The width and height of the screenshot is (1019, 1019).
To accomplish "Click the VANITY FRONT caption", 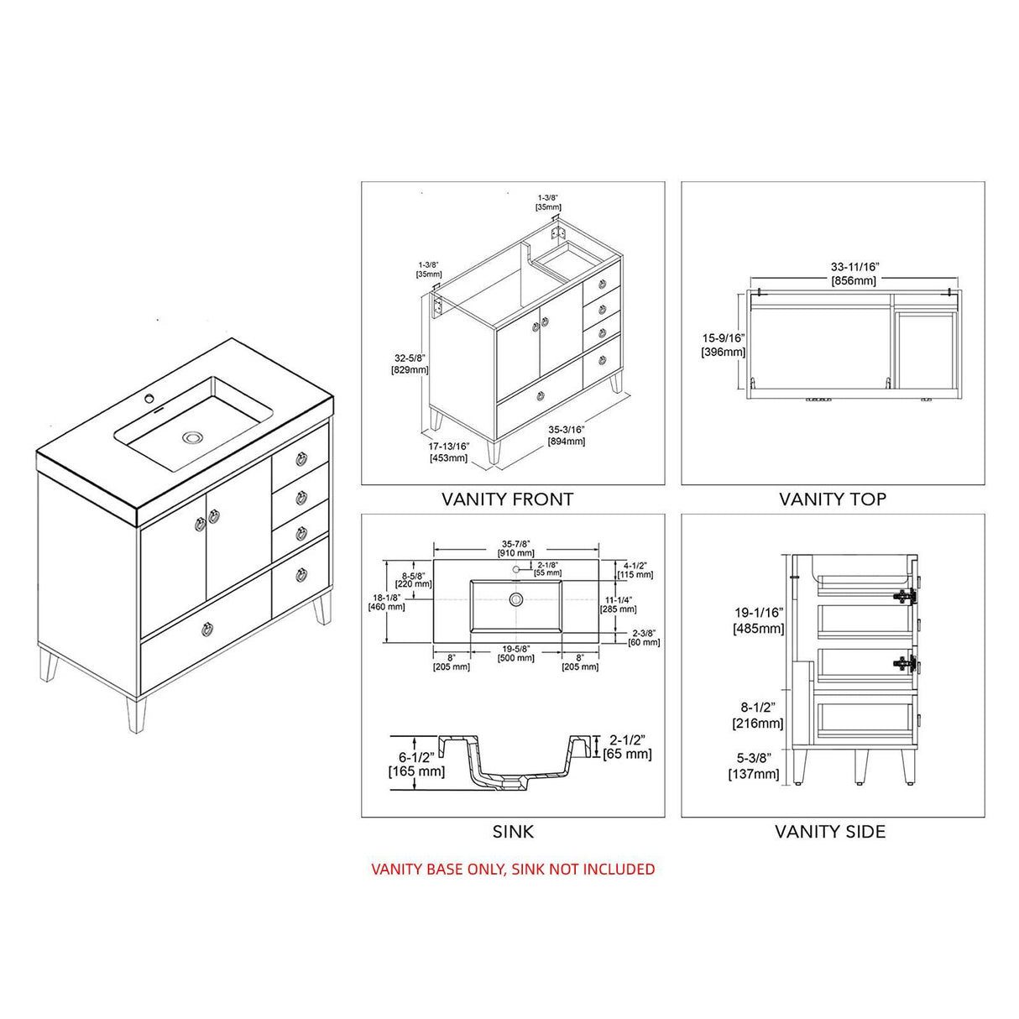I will pyautogui.click(x=507, y=499).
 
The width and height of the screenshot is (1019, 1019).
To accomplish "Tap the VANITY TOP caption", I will pyautogui.click(x=832, y=499).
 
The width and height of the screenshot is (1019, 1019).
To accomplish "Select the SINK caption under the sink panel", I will pyautogui.click(x=513, y=832).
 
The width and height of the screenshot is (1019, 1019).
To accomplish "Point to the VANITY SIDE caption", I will pyautogui.click(x=829, y=832).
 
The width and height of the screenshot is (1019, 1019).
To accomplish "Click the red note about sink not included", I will pyautogui.click(x=513, y=869).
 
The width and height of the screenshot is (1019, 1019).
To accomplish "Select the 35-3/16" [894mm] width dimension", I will pyautogui.click(x=566, y=435).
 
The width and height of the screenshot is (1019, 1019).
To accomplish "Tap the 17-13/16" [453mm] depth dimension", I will pyautogui.click(x=448, y=452).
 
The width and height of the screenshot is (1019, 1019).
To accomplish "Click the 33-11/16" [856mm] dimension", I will pyautogui.click(x=854, y=274).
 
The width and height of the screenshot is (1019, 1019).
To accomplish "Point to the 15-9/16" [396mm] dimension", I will pyautogui.click(x=723, y=344).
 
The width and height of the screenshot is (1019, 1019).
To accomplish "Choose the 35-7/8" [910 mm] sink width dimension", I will pyautogui.click(x=516, y=548).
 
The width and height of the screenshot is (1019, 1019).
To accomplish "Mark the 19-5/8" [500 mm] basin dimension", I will pyautogui.click(x=516, y=653).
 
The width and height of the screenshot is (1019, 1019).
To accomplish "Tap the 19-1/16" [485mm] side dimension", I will pyautogui.click(x=758, y=620).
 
